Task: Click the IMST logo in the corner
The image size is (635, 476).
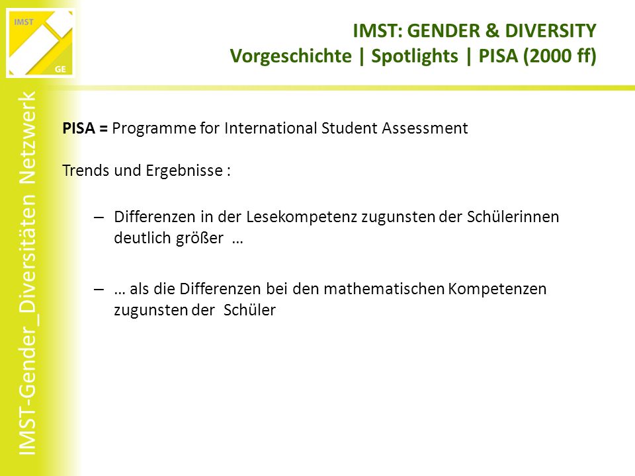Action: point(40,42)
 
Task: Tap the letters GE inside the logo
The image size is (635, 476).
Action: point(60,69)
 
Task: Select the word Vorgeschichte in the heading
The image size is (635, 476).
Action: point(291,56)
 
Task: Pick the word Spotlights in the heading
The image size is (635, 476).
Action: point(415,56)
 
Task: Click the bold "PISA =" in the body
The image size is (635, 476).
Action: point(85,128)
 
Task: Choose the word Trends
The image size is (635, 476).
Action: point(86,171)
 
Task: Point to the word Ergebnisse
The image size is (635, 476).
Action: point(185,171)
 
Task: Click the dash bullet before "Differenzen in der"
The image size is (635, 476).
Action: point(99,218)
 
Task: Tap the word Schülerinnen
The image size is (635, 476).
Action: point(513,217)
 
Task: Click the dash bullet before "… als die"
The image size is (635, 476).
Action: point(99,290)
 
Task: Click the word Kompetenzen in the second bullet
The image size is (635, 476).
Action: point(497,290)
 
